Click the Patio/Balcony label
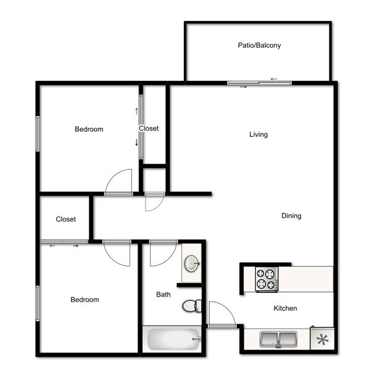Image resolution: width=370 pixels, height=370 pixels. pos(260,45)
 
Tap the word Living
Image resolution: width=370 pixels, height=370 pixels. pos(258,134)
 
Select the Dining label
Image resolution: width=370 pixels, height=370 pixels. pos(292,216)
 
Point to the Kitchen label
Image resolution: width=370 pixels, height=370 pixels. pos(286,308)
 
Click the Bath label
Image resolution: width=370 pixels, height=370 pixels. pos(163,294)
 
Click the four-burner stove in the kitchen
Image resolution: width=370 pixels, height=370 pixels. pos(267,279)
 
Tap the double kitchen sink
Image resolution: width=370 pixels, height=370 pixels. pos(279,339)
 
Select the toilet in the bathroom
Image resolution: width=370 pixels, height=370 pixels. pos(192,306)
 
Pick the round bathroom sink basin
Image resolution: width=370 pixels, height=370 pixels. pos(192,263)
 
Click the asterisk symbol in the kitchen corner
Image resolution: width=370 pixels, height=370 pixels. pos(323,340)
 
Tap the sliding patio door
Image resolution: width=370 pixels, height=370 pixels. pos(260,83)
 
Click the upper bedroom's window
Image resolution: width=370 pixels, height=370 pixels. pos(38,134)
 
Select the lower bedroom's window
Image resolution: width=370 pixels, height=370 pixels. pos(38,303)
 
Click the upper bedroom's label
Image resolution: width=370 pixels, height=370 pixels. pos(89,129)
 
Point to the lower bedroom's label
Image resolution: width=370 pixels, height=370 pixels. pos(84,300)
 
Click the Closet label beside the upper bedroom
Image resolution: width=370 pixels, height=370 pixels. pos(149,128)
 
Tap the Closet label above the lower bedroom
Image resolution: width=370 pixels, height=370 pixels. pos(66,219)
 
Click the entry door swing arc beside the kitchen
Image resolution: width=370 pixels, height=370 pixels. pos(228,307)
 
